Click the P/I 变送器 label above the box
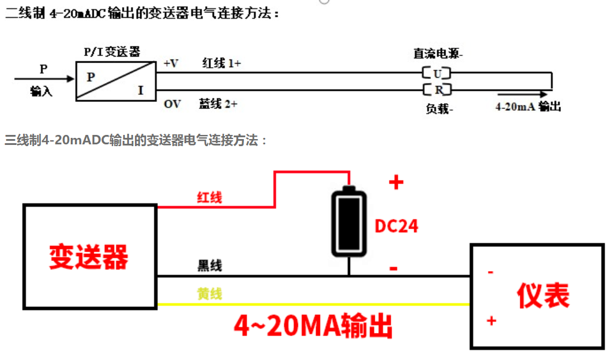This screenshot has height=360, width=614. (x=112, y=52)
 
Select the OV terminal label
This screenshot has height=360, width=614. (x=172, y=104)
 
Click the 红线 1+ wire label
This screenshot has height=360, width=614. (x=222, y=63)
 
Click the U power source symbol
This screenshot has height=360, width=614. (x=437, y=74)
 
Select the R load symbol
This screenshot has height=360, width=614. (x=437, y=90)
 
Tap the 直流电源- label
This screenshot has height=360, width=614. (x=438, y=54)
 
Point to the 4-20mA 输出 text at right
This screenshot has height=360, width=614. (x=527, y=107)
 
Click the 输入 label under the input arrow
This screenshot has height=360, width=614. (x=41, y=91)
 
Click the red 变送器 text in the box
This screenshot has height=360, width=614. (x=88, y=257)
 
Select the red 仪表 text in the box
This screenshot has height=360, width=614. (x=543, y=296)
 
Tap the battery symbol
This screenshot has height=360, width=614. (x=349, y=223)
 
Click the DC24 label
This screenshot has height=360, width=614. (x=397, y=226)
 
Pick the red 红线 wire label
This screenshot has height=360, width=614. (x=209, y=197)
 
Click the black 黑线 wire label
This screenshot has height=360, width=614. (x=209, y=266)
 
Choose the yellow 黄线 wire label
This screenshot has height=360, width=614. (x=209, y=293)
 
